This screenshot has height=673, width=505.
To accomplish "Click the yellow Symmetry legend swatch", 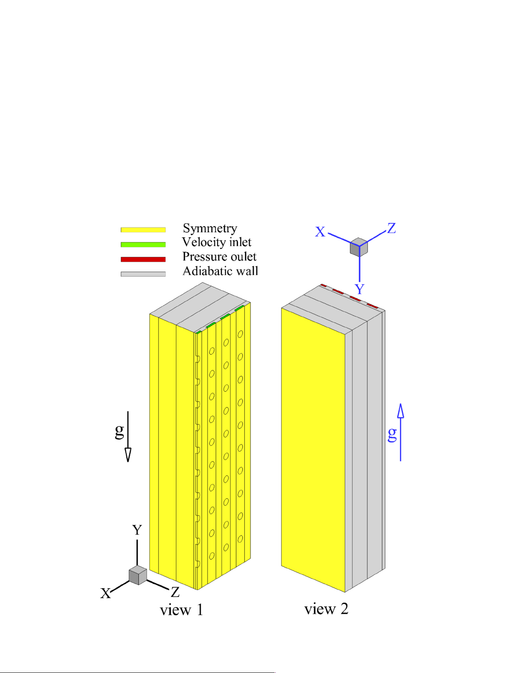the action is click(x=143, y=230).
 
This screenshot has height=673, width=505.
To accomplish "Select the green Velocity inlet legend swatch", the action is click(x=143, y=245).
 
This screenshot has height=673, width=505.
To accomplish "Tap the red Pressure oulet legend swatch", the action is click(x=143, y=259).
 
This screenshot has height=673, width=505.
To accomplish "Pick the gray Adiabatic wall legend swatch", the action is click(x=143, y=274).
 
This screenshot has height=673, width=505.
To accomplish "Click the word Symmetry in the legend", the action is click(x=210, y=229).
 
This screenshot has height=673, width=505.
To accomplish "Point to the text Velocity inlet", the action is click(x=216, y=242).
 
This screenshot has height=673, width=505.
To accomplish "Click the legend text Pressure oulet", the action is click(x=219, y=257).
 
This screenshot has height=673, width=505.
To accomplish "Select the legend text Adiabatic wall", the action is click(x=220, y=271).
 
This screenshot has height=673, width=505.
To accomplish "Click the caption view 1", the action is click(x=181, y=610).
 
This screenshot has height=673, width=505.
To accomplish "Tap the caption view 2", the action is click(x=326, y=609).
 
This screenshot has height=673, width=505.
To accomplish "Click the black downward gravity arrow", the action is click(x=128, y=436).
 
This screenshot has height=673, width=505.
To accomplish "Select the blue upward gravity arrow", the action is click(x=400, y=432).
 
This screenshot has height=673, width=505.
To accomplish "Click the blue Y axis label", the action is click(x=359, y=289).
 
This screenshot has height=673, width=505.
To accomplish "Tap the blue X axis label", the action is click(x=320, y=232).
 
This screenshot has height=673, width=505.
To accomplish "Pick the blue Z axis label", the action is click(x=391, y=228).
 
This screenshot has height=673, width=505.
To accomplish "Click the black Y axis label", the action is click(x=137, y=530).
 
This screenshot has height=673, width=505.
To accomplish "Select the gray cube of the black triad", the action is click(x=138, y=576).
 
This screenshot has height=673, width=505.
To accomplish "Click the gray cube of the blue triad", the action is click(x=359, y=247).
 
